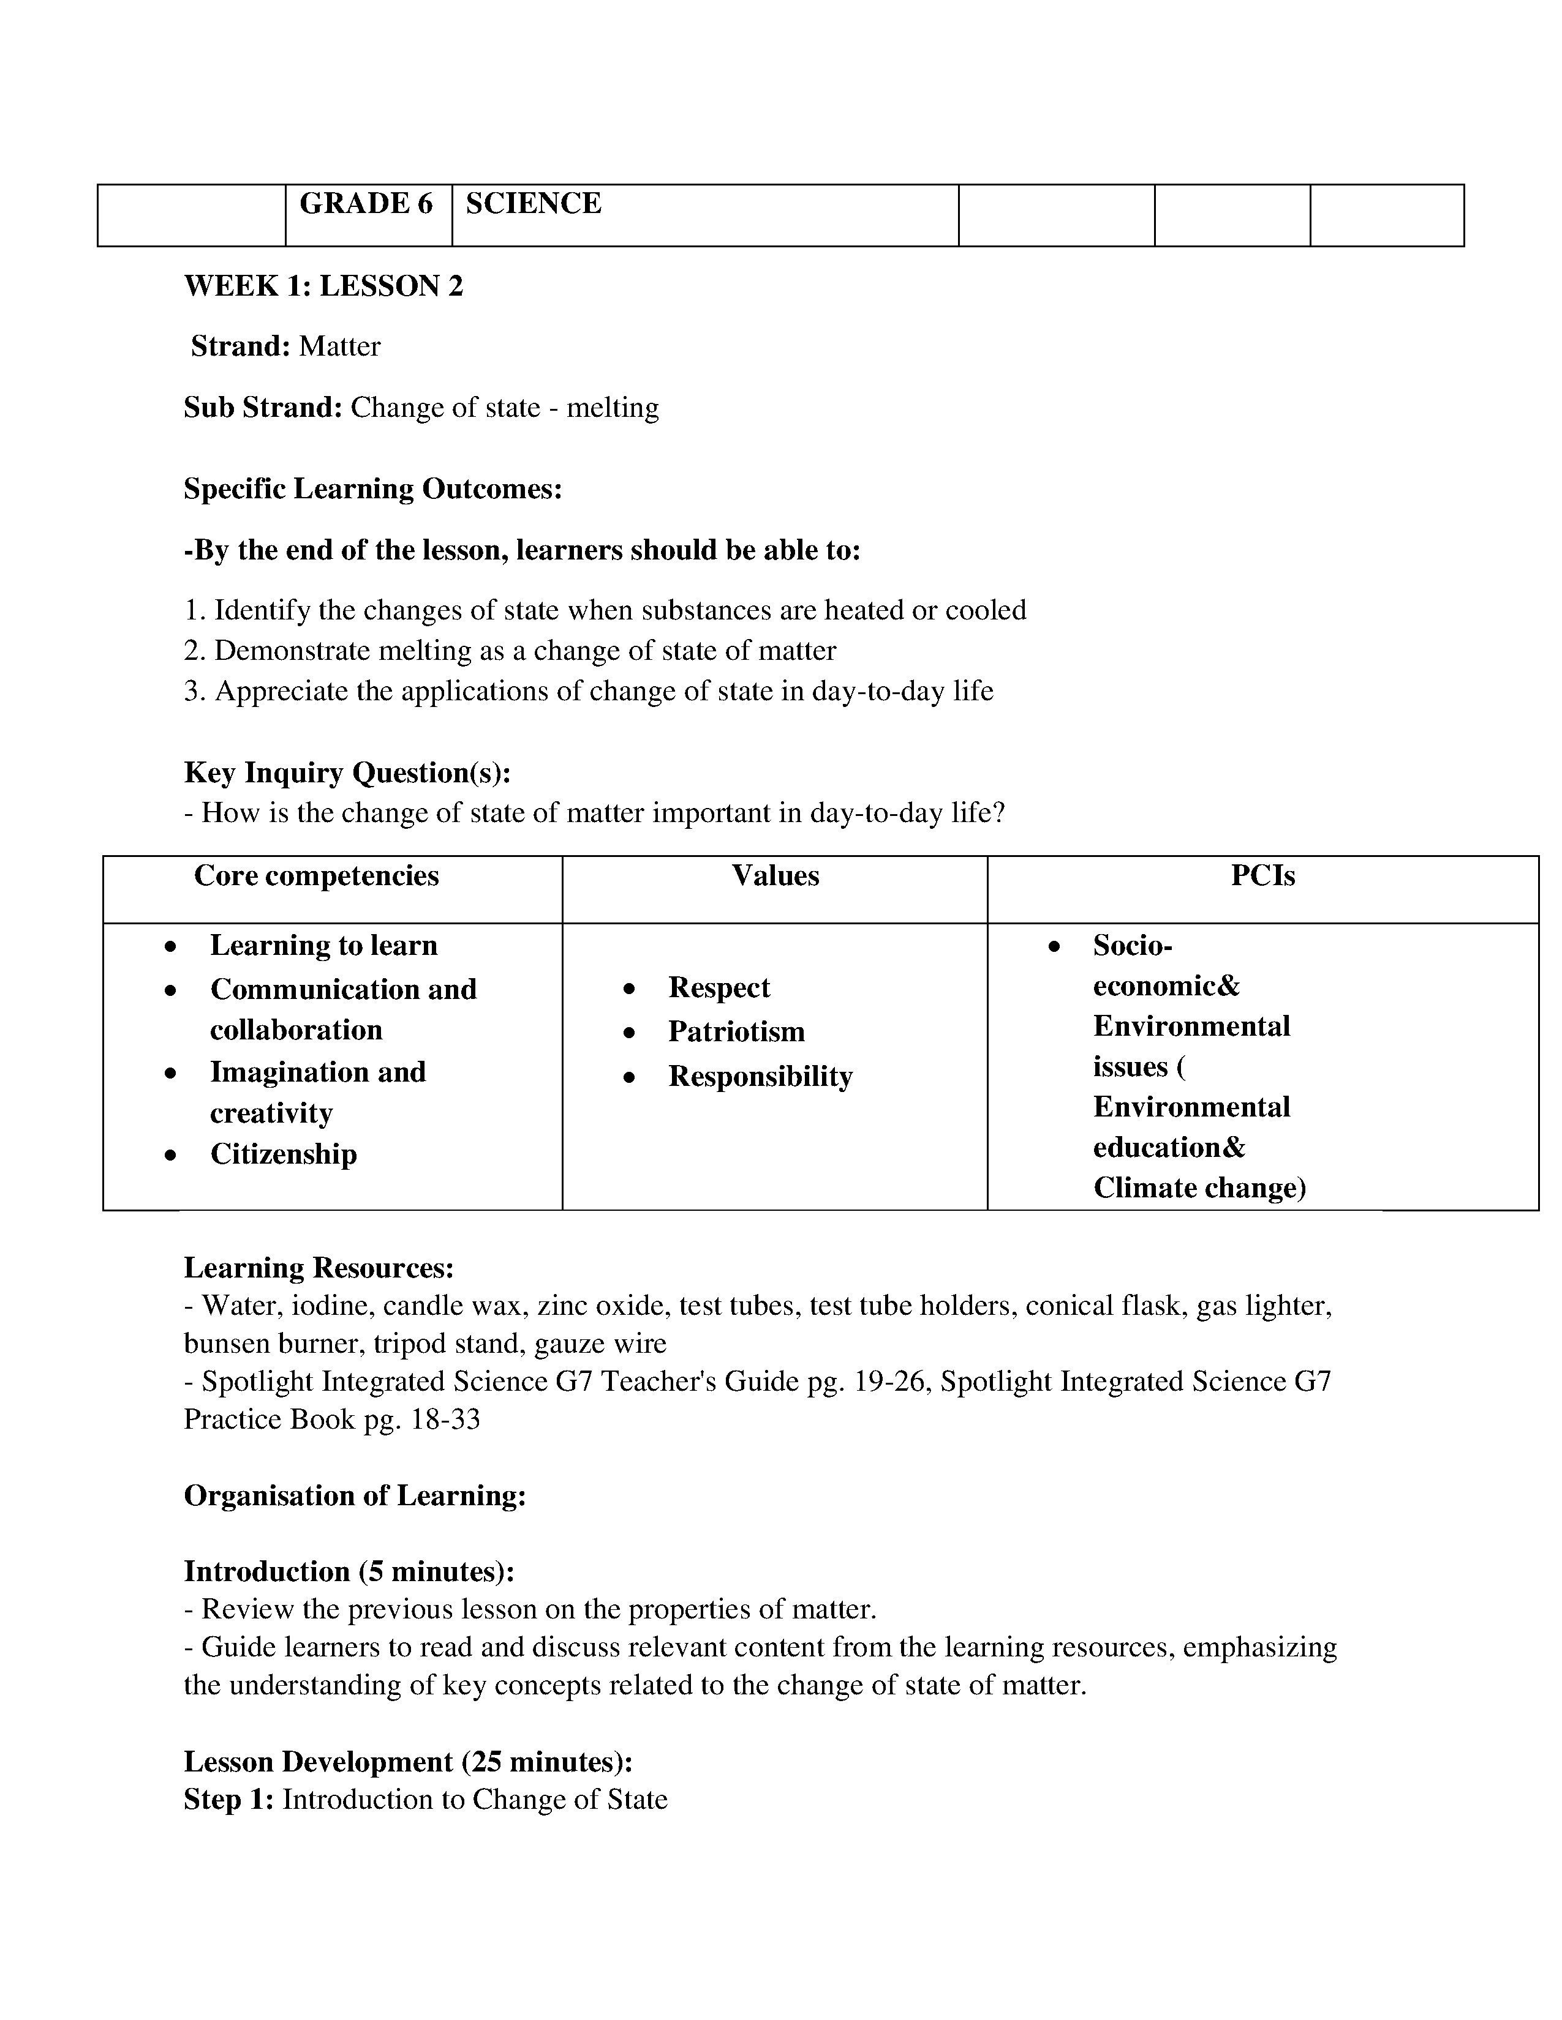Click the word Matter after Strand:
coord(339,347)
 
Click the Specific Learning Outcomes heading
coord(373,489)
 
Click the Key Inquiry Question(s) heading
coord(347,772)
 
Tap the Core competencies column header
coord(317,876)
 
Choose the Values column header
coord(775,876)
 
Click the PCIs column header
coord(1262,876)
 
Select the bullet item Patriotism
coord(736,1032)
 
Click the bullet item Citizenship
coord(283,1154)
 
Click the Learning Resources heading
coord(319,1268)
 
